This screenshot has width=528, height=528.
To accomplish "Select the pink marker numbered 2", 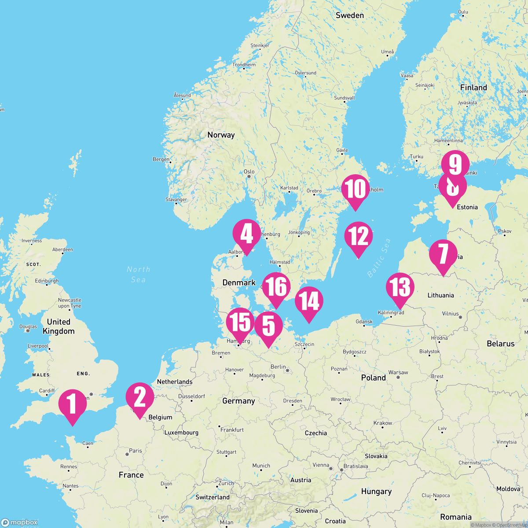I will (139, 397).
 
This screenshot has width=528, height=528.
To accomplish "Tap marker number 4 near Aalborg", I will (246, 234).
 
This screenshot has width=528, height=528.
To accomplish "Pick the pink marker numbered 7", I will (443, 254).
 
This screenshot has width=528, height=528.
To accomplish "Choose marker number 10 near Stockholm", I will (355, 189).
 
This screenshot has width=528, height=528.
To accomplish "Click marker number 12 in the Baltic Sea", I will (359, 236).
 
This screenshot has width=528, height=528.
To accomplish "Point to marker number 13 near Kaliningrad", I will (400, 287).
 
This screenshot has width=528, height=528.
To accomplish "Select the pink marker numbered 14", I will (309, 301).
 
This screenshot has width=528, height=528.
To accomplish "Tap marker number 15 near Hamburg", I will (240, 323).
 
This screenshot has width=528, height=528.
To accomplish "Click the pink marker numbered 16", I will (276, 287).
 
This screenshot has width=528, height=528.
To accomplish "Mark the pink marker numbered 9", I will (455, 165).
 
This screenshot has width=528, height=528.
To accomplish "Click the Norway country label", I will (221, 135).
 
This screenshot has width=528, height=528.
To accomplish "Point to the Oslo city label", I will (249, 172).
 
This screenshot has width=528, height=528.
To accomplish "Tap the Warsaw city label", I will (398, 372).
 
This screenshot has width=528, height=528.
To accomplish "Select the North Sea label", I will (139, 274).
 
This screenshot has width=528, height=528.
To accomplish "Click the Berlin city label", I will (279, 367).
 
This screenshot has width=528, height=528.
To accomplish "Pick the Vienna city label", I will (321, 465).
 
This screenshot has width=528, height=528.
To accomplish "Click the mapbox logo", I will (20, 522).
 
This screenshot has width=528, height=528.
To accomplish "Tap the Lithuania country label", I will (440, 295).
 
